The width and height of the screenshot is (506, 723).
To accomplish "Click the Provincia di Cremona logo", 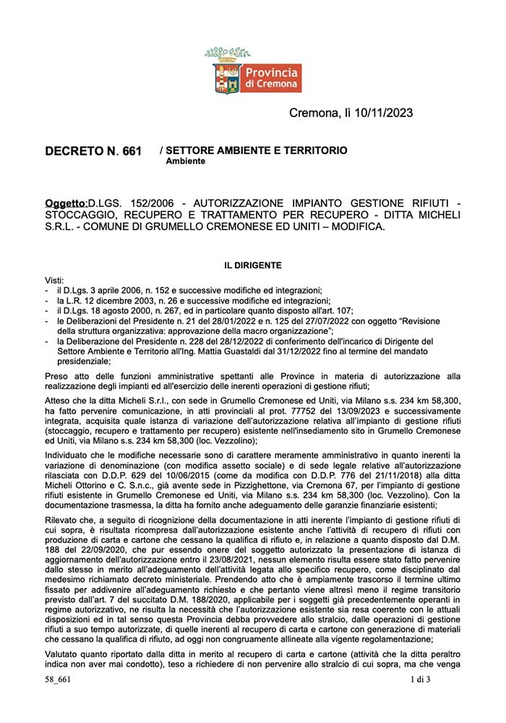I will point(253,72).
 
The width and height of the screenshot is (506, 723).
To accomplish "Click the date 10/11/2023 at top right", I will point(386,113).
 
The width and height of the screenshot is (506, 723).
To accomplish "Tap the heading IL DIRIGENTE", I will point(252,265).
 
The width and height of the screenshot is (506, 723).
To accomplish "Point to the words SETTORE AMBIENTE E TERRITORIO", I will point(257,150).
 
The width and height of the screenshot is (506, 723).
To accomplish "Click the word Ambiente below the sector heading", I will point(185,161).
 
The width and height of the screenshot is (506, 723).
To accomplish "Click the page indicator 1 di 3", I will point(419,700).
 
